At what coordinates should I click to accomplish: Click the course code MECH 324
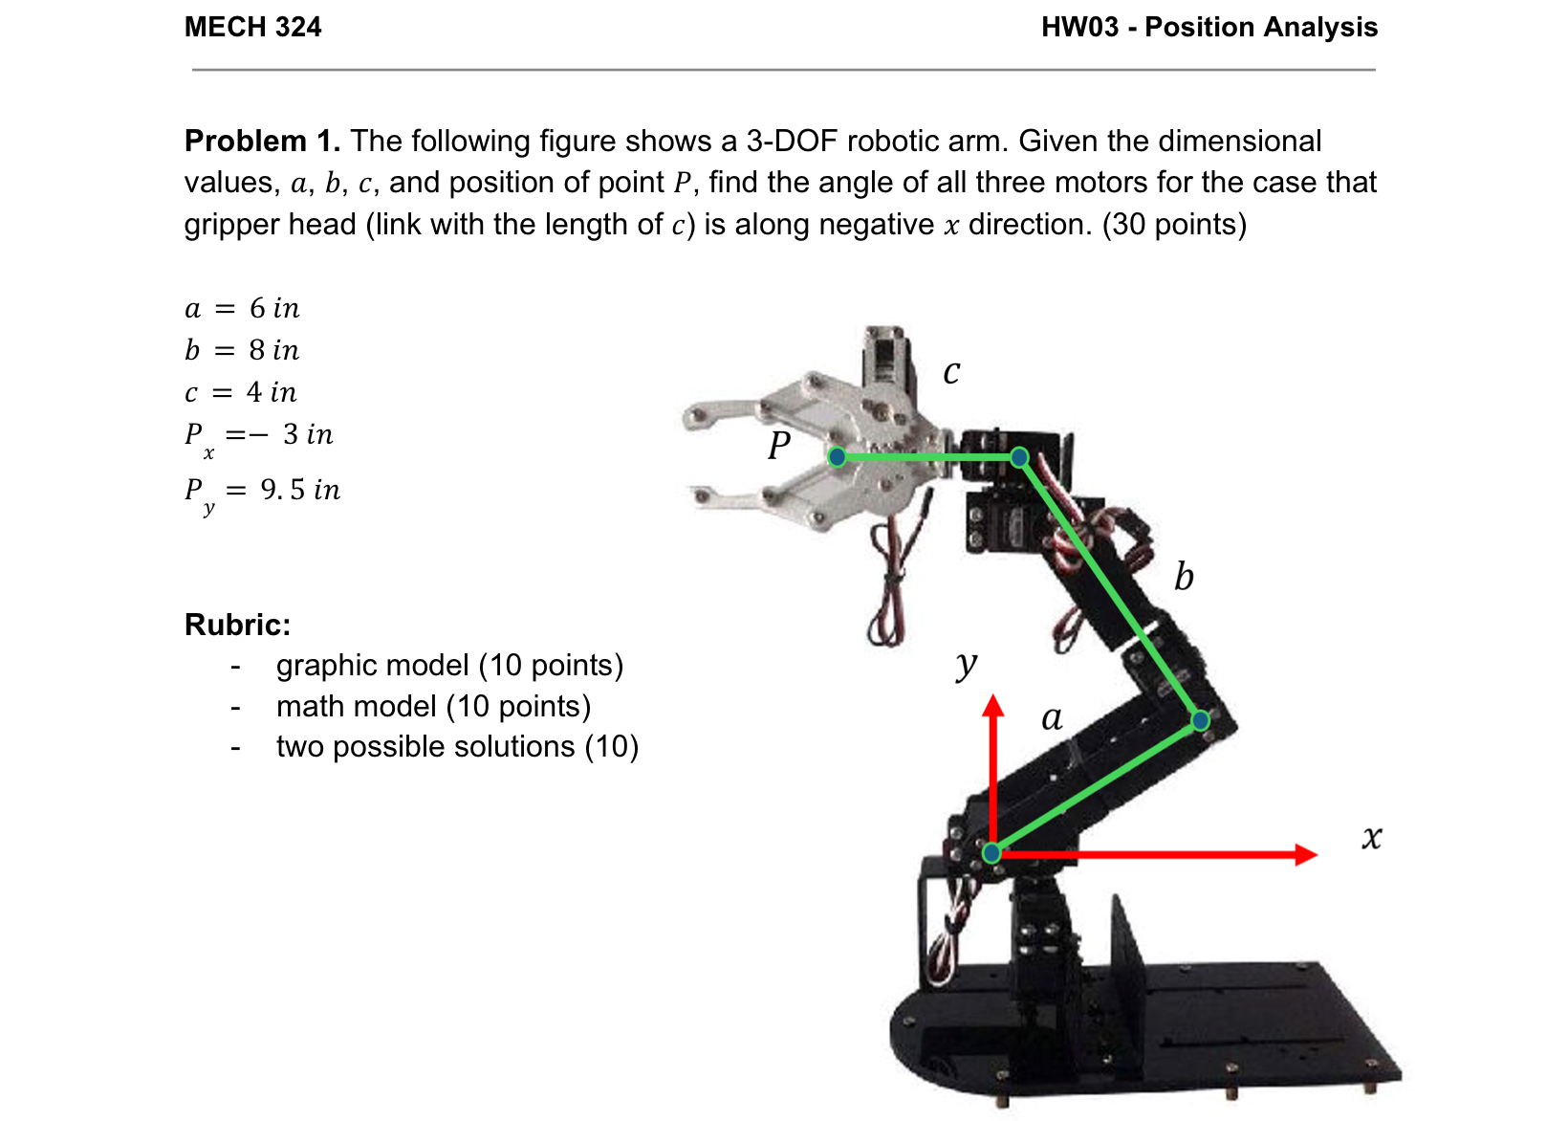coord(252,27)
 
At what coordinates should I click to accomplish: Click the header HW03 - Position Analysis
coord(1209,27)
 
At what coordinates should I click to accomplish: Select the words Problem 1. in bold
coord(262,142)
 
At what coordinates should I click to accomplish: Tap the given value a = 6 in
coord(242,308)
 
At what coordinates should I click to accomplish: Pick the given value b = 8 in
coord(242,350)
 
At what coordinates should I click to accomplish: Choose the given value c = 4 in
coord(241,392)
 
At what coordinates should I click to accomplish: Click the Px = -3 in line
coord(258,436)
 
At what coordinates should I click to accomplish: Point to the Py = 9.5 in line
coord(262,492)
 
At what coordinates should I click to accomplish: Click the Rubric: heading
coord(237,625)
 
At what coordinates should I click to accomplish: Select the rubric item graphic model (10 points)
coord(449,665)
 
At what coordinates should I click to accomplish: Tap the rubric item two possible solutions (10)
coord(457,746)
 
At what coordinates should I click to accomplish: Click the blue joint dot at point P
coord(837,456)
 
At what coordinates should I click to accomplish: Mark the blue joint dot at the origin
coord(992,852)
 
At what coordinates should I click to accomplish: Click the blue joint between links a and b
coord(1200,720)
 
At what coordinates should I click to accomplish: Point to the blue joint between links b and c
coord(1019,457)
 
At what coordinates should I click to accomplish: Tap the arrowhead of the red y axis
coord(993,706)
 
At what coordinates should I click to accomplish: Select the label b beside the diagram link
coord(1184,577)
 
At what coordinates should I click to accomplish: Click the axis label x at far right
coord(1371,838)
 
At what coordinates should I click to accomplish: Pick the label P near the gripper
coord(779,445)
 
